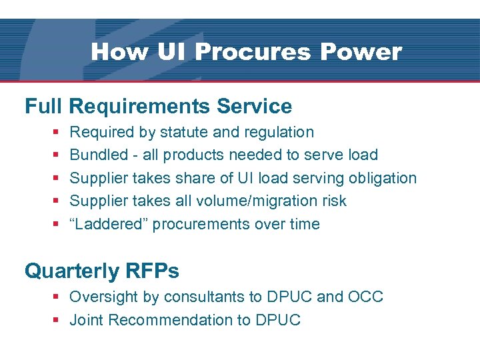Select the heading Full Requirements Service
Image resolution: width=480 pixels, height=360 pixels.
[159, 106]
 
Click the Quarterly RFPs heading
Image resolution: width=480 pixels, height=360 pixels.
[102, 271]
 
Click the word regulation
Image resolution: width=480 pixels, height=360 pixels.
[273, 132]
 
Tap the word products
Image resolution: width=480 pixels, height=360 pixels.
[193, 155]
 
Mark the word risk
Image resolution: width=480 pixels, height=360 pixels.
[333, 201]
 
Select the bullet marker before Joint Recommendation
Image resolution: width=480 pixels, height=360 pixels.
[57, 320]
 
